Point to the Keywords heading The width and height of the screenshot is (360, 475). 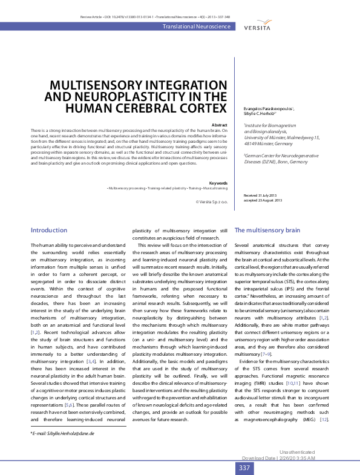pyautogui.click(x=217, y=182)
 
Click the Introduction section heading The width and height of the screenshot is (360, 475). pyautogui.click(x=49, y=230)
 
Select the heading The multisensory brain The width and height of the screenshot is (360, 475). pyautogui.click(x=267, y=231)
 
